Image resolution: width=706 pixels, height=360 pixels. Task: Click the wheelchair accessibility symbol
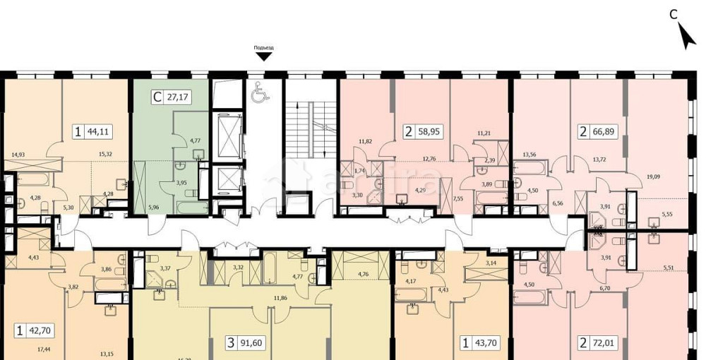tap(257, 92)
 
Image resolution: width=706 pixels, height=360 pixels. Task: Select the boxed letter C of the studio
tap(156, 98)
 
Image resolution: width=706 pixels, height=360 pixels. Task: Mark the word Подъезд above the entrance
tap(263, 48)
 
